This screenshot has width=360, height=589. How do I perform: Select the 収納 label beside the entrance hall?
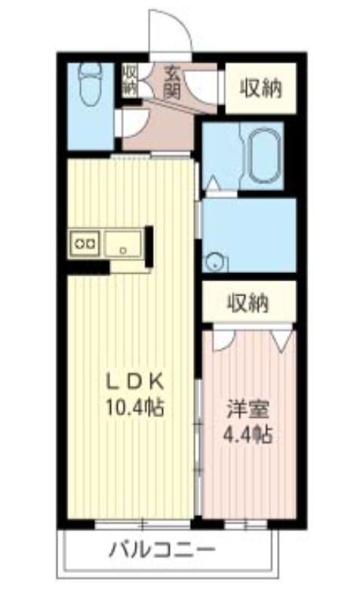[x=261, y=88]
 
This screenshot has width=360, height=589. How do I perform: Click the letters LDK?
[x=136, y=379]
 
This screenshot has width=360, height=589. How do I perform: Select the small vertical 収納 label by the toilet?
[x=130, y=78]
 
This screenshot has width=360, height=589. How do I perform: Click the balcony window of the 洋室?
[x=246, y=523]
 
